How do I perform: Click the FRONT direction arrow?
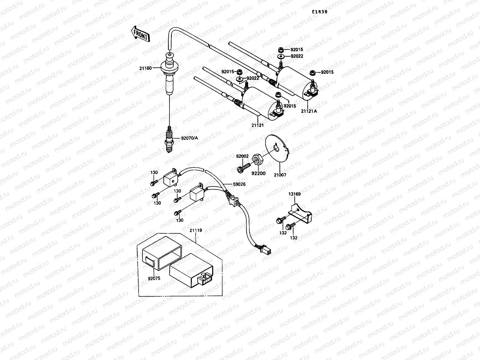click(x=140, y=33)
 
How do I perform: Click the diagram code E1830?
click(x=319, y=12)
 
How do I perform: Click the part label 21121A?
click(x=309, y=111)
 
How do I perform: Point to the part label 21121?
click(x=257, y=125)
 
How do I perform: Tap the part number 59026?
click(x=239, y=184)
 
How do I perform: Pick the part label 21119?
click(x=196, y=230)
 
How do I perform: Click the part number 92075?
click(x=154, y=278)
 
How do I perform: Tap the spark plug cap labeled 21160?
click(x=169, y=75)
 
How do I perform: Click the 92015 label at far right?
click(x=327, y=72)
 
